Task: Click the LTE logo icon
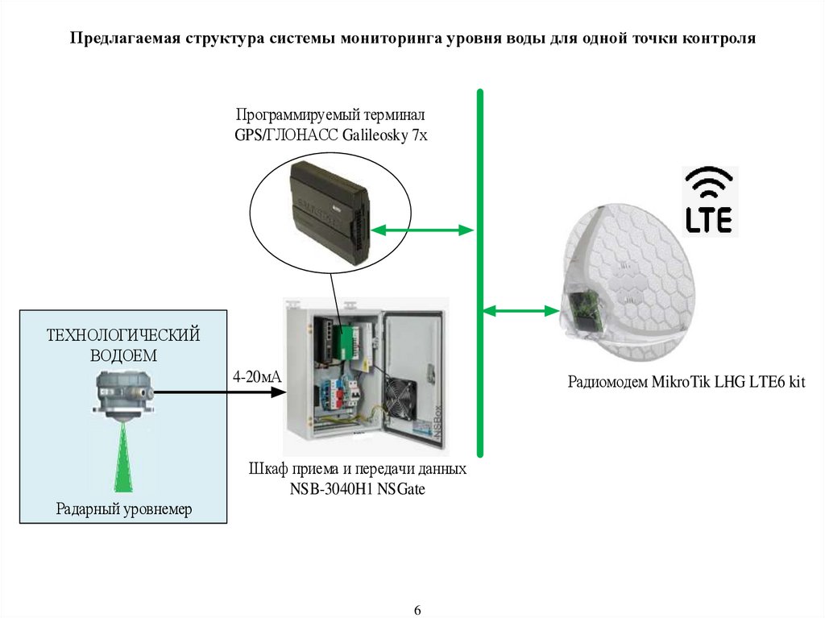[709, 201]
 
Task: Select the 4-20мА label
[256, 376]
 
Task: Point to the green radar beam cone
[123, 459]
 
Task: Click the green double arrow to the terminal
[421, 230]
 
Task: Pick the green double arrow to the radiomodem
[520, 309]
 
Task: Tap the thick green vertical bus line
[480, 274]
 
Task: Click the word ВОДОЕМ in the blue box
[123, 355]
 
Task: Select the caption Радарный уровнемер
[124, 508]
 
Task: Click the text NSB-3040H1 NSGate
[357, 487]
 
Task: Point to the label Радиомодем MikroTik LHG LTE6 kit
[686, 381]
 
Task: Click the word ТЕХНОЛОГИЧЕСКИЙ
[123, 334]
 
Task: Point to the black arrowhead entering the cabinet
[278, 392]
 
